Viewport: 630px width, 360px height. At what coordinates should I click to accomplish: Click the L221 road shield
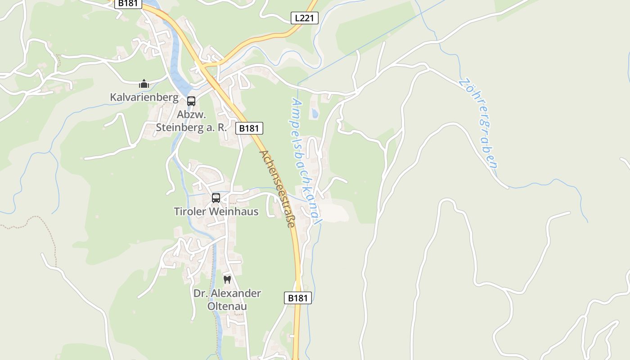(304, 18)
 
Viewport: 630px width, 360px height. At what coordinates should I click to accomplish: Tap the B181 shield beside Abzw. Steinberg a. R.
(249, 128)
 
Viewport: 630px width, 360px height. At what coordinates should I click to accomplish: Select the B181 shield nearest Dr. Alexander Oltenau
(298, 297)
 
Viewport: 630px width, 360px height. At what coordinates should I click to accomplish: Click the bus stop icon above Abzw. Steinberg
(191, 101)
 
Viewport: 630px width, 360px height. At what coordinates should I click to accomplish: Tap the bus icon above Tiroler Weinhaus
(216, 198)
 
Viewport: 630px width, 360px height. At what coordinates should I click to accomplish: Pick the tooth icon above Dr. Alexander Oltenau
(227, 279)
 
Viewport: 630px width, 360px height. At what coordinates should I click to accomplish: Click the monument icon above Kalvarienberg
(144, 84)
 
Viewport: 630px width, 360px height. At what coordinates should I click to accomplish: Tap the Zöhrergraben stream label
(478, 123)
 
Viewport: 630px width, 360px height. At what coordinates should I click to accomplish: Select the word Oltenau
(227, 306)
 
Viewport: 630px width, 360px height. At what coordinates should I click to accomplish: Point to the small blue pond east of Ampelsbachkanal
(315, 113)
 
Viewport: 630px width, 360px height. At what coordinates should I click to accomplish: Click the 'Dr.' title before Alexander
(200, 293)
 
